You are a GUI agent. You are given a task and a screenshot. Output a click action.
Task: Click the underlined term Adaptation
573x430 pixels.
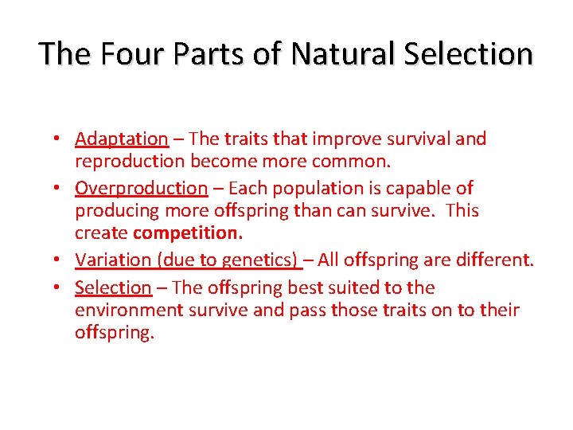(x=122, y=139)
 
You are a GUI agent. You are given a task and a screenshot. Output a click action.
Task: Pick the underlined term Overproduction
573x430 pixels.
(x=141, y=189)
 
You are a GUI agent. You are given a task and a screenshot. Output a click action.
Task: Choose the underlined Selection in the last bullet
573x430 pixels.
(x=113, y=287)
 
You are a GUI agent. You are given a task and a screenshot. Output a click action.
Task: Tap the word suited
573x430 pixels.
(x=363, y=287)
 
